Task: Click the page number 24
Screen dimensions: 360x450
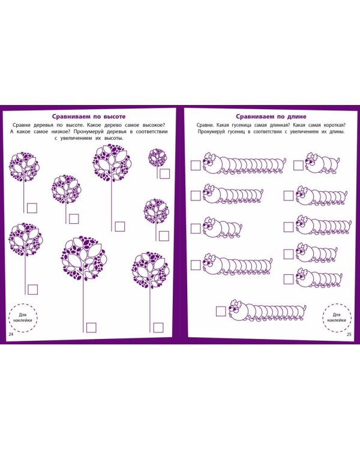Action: [11, 334]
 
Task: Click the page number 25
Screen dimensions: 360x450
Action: [349, 334]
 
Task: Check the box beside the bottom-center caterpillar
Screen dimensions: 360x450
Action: [221, 311]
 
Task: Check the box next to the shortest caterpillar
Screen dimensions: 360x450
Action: [299, 166]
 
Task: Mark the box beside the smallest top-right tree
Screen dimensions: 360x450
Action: [165, 173]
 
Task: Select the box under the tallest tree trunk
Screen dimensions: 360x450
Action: [91, 328]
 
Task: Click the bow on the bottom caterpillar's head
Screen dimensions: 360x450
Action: [236, 303]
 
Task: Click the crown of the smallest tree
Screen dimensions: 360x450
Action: [157, 157]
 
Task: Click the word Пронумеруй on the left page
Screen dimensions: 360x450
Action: [89, 131]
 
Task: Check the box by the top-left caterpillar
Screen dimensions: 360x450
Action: [196, 166]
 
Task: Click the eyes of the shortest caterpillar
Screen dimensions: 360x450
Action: [309, 162]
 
